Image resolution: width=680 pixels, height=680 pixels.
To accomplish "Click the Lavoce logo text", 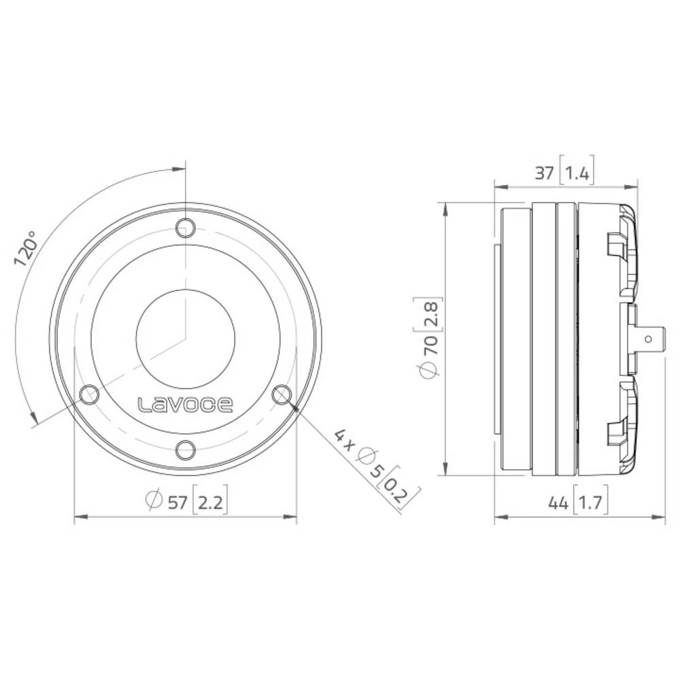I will click(x=186, y=405).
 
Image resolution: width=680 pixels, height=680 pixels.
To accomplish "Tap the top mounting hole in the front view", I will click(x=185, y=228).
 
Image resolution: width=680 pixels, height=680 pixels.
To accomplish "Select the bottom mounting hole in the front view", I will click(x=185, y=449).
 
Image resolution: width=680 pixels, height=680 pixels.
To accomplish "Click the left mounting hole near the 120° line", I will click(x=89, y=394).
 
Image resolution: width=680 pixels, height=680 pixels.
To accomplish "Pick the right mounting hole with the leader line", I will click(x=281, y=394).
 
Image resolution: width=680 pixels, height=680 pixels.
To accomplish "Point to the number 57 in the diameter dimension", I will click(x=177, y=503).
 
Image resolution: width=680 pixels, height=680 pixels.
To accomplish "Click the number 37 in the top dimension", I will click(x=544, y=173).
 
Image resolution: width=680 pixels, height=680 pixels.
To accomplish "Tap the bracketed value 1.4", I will click(x=577, y=173).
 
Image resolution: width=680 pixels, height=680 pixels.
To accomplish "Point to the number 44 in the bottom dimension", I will click(x=558, y=503).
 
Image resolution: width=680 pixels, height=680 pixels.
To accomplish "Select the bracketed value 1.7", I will click(x=590, y=503).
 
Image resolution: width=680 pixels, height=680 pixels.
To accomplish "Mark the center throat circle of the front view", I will click(x=185, y=338).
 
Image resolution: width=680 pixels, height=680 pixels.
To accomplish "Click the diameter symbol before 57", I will click(x=154, y=503).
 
